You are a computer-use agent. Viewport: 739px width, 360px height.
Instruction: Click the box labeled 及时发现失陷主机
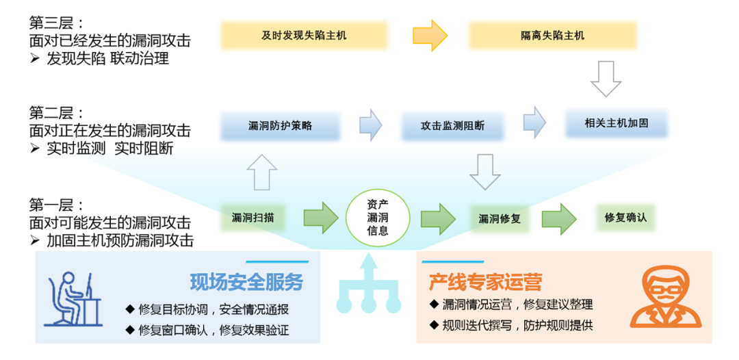click(304, 36)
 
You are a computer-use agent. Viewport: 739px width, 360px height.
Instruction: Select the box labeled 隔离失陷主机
click(552, 36)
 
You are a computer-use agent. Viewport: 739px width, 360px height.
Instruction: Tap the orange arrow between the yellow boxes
click(430, 35)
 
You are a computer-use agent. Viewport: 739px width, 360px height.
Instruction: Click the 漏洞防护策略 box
click(281, 126)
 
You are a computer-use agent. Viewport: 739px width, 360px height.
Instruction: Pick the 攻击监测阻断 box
click(452, 126)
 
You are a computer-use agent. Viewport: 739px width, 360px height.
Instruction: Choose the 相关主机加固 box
click(617, 124)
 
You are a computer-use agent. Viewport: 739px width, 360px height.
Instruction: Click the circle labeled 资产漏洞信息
click(378, 218)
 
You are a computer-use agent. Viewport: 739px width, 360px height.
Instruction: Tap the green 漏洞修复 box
click(500, 218)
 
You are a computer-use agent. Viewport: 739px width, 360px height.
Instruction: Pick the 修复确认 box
click(625, 218)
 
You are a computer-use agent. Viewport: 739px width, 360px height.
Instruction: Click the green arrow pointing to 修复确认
click(560, 218)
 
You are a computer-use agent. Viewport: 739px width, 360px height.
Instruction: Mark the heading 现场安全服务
click(246, 282)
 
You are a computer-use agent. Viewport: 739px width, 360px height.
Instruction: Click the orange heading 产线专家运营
click(485, 282)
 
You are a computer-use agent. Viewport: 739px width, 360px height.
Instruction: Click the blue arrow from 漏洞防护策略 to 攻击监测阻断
click(371, 125)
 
